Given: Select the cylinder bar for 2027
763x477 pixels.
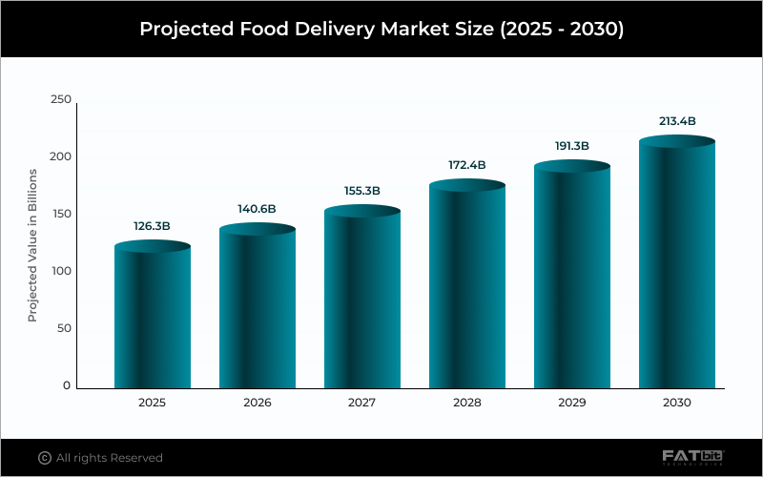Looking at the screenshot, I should point(362,300).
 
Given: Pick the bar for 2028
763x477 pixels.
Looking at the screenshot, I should point(467,286).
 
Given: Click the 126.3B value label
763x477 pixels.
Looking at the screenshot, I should point(153,227).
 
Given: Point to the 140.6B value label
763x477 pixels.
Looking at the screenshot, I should point(258,209).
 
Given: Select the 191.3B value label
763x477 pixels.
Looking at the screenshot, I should point(572,146).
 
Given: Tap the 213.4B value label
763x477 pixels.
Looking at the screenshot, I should point(677,121).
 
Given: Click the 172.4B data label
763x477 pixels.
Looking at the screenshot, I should point(467,165).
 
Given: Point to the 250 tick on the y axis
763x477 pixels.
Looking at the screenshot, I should point(60,99).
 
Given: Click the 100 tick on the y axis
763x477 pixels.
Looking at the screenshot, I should point(60,272).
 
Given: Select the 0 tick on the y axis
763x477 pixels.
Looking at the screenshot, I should point(67,386).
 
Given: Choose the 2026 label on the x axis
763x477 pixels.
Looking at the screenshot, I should point(258,403).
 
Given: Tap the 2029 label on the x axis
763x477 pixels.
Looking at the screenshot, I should point(572,403).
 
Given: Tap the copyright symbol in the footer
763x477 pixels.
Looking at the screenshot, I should point(44,458).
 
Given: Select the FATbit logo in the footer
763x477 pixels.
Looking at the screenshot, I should point(693,458).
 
